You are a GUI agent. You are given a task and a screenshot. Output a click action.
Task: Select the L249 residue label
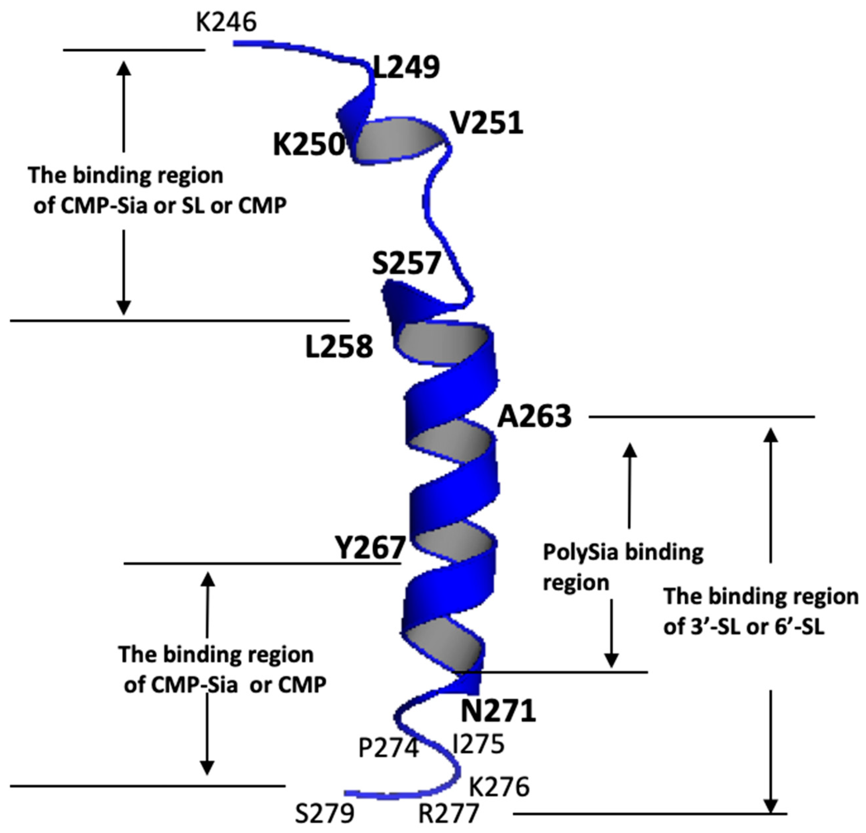[406, 67]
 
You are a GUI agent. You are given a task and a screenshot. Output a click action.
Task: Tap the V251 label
[487, 123]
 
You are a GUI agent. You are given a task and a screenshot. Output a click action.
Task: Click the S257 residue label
[406, 263]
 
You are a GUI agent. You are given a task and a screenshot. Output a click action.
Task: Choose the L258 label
[339, 347]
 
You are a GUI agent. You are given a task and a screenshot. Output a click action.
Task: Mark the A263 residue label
[535, 416]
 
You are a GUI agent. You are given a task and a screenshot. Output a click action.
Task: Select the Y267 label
[370, 548]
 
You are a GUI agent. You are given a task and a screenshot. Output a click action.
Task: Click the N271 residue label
[498, 711]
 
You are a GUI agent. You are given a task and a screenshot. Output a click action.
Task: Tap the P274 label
[388, 748]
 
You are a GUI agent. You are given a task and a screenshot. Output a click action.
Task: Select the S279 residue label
[325, 814]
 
